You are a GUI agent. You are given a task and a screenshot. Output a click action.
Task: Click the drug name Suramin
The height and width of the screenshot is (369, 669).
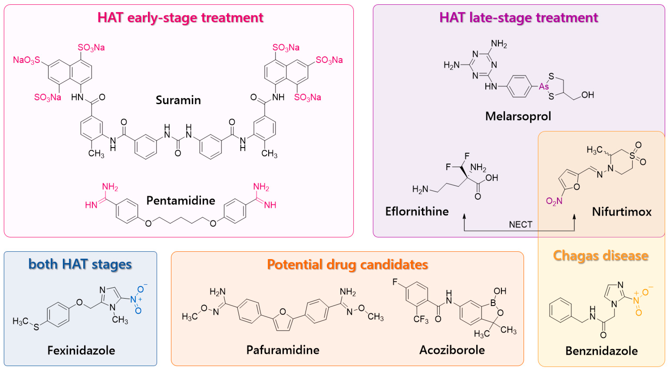point(178,100)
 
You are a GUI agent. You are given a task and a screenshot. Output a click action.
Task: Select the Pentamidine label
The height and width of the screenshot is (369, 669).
point(181,201)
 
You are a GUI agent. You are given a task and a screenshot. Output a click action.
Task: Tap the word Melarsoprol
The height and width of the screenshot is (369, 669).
point(518,116)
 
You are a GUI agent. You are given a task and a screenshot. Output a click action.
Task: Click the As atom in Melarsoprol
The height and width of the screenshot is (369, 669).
point(544,86)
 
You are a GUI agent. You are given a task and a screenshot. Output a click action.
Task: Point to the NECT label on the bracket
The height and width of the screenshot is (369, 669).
point(520,224)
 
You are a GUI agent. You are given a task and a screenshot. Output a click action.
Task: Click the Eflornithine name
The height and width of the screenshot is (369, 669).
point(417,211)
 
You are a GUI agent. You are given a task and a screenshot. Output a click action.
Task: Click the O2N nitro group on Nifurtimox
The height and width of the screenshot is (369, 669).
point(554,201)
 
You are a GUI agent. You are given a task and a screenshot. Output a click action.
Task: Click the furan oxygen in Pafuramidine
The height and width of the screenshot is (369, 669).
point(283,312)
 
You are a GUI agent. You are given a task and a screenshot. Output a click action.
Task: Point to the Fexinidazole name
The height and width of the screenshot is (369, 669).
point(81,351)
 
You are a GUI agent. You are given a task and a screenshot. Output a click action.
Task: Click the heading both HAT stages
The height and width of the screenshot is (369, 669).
point(80,264)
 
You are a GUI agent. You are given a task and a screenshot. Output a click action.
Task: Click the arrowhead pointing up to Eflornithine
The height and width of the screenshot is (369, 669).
point(464,216)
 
